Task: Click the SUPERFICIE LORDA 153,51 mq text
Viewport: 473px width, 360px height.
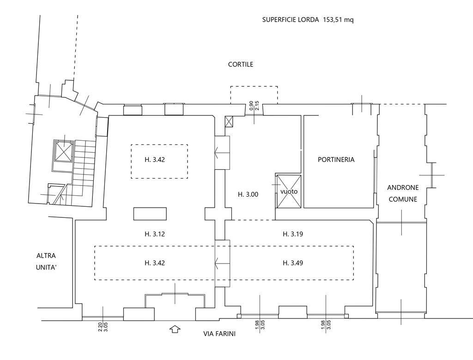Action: click(308, 20)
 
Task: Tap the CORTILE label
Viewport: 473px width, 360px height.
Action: click(240, 65)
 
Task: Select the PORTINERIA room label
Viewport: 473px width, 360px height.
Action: click(336, 160)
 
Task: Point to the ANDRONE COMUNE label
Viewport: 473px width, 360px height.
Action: click(403, 193)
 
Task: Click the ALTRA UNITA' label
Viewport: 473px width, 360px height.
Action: click(46, 261)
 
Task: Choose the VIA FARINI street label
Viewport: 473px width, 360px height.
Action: click(219, 334)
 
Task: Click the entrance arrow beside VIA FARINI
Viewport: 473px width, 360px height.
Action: click(175, 329)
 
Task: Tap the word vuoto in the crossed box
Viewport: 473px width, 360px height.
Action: click(289, 192)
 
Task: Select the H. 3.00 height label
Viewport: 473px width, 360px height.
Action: click(248, 194)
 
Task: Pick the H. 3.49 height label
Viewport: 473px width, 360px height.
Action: click(292, 263)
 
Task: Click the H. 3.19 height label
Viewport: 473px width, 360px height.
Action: click(292, 234)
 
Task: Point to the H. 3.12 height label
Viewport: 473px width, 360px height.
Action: click(154, 234)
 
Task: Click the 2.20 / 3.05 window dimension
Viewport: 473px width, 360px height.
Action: click(103, 326)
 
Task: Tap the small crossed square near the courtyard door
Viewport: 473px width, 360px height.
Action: click(229, 122)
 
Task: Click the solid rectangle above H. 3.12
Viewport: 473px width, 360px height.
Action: click(150, 214)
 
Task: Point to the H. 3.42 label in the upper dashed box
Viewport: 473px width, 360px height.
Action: click(154, 160)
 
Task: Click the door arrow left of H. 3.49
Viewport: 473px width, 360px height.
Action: click(222, 264)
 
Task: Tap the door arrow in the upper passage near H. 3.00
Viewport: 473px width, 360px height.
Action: click(222, 153)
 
